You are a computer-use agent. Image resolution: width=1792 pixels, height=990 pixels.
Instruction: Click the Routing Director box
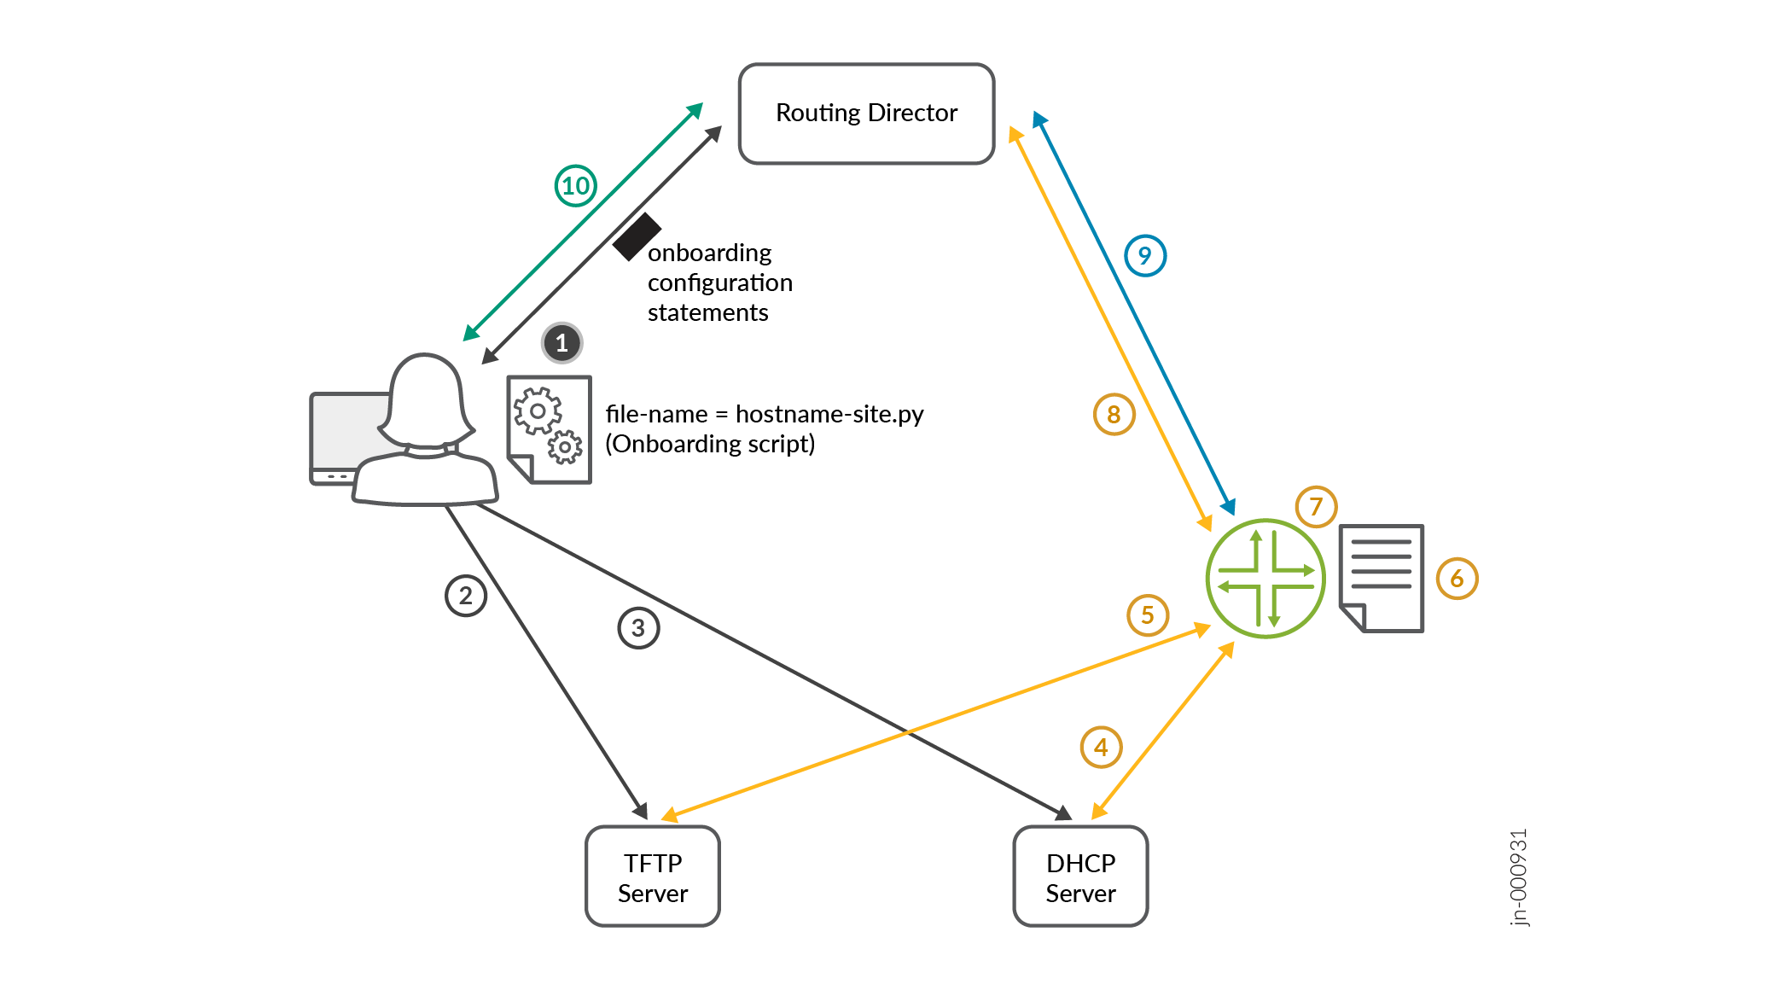(x=866, y=114)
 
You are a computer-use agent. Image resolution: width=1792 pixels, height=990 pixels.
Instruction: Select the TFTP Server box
(x=653, y=876)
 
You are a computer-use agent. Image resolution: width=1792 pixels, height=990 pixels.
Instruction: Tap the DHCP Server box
(x=1080, y=876)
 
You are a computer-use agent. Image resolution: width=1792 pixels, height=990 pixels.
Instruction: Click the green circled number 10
(x=576, y=186)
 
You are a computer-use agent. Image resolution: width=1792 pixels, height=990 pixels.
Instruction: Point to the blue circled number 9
(x=1145, y=255)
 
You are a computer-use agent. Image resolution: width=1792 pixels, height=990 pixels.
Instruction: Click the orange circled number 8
(x=1114, y=415)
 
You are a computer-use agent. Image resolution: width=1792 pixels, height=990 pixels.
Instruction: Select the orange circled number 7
(x=1316, y=507)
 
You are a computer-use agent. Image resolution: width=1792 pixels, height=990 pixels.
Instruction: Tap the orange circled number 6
(x=1457, y=579)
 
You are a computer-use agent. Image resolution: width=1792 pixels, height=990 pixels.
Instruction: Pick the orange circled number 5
(x=1148, y=614)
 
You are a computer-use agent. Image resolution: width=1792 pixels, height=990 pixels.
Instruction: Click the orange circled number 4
(x=1101, y=748)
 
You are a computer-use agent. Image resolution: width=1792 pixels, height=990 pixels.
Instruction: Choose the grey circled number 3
(x=638, y=628)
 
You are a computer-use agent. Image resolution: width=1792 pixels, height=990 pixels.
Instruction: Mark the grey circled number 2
(x=466, y=596)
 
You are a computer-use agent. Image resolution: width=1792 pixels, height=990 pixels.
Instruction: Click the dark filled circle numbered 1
(x=561, y=343)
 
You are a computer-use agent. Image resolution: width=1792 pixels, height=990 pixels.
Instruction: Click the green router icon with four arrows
(x=1265, y=579)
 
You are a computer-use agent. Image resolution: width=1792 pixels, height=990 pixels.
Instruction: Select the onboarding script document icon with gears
(x=549, y=429)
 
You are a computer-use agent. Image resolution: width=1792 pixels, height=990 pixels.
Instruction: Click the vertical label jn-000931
(x=1519, y=876)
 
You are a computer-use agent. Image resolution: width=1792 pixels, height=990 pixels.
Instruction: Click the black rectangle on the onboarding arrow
(x=637, y=236)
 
